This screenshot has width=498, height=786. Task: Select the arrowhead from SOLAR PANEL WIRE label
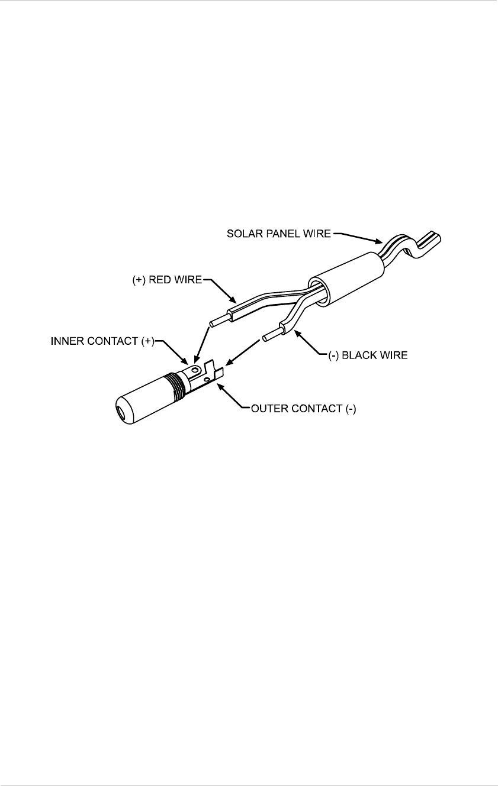(382, 242)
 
